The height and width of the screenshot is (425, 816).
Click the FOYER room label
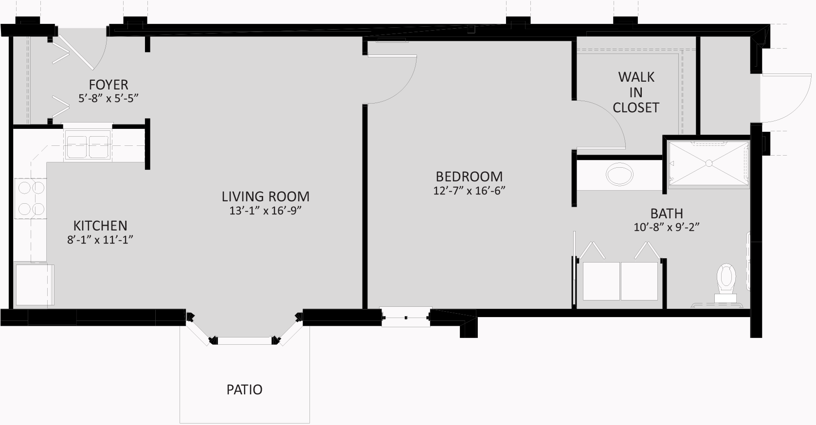(109, 85)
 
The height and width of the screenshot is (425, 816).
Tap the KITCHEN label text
(100, 226)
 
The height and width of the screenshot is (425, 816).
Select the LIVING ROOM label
(266, 196)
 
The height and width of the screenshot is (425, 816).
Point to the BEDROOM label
(469, 177)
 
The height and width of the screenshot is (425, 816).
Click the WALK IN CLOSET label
(636, 92)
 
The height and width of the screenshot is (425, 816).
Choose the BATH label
(667, 213)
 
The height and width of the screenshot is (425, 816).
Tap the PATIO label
(244, 390)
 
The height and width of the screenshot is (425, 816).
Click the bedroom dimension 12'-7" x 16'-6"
(469, 191)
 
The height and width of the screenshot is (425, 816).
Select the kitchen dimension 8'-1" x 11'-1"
(100, 240)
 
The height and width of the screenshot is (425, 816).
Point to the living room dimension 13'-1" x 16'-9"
(266, 211)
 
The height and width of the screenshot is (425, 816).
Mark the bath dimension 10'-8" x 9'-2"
(667, 227)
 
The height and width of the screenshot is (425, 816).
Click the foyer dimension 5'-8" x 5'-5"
(109, 98)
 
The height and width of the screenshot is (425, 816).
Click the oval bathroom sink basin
(619, 175)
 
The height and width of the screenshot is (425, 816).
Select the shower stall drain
(709, 163)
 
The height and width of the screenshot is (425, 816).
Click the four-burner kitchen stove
(31, 198)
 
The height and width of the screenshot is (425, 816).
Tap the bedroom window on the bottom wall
(406, 318)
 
